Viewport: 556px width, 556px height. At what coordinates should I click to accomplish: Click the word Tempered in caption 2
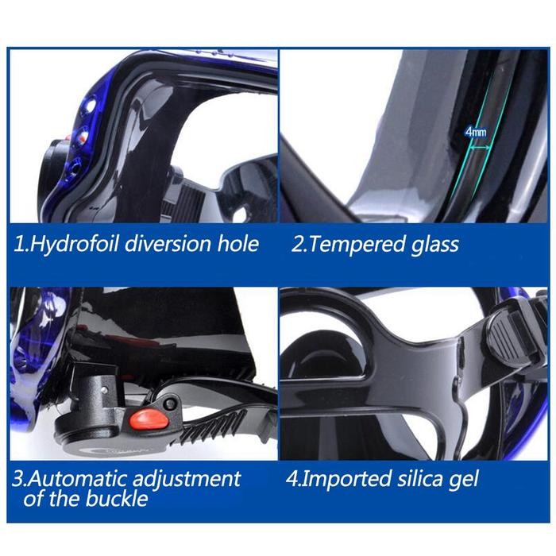(x=350, y=243)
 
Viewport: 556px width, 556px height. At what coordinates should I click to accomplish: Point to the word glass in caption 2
(x=429, y=243)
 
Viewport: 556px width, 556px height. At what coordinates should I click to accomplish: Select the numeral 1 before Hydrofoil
(x=18, y=243)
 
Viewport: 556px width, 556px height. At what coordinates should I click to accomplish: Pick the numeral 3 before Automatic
(x=18, y=479)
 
